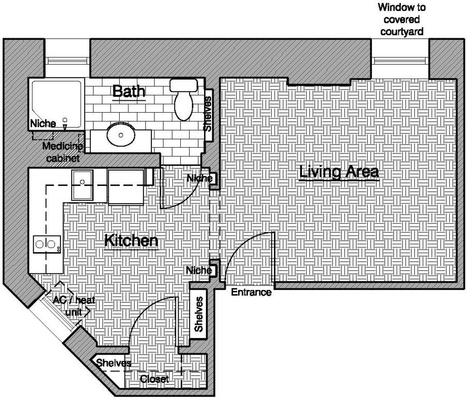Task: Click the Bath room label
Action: [129, 91]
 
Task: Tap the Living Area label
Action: [339, 172]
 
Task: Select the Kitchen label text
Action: [131, 241]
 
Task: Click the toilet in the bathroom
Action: [183, 99]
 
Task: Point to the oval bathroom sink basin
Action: [121, 135]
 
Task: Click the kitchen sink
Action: [82, 184]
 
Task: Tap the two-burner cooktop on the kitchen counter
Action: [46, 244]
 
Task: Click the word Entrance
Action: [251, 292]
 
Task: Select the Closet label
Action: [154, 379]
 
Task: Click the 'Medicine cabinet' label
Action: [63, 152]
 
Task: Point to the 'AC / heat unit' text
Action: [74, 306]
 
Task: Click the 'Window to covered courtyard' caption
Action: [402, 20]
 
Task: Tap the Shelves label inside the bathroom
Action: [208, 114]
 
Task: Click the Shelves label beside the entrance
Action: [198, 314]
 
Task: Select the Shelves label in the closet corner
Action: [114, 363]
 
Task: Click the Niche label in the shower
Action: [43, 124]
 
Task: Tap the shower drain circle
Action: [65, 120]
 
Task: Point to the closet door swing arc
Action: [144, 310]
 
